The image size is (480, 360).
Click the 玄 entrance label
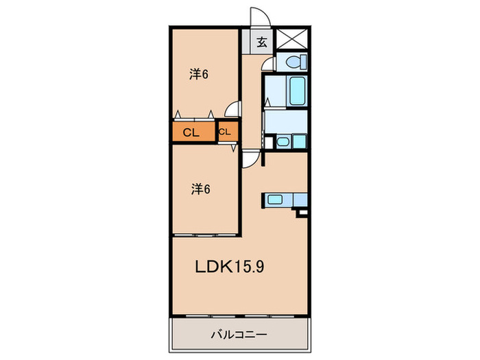[261, 42]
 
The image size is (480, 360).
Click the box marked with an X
[292, 40]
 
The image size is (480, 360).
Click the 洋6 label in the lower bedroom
[199, 189]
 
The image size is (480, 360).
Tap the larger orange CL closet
[192, 132]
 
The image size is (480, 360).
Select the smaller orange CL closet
[226, 132]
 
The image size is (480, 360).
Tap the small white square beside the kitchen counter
[301, 214]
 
